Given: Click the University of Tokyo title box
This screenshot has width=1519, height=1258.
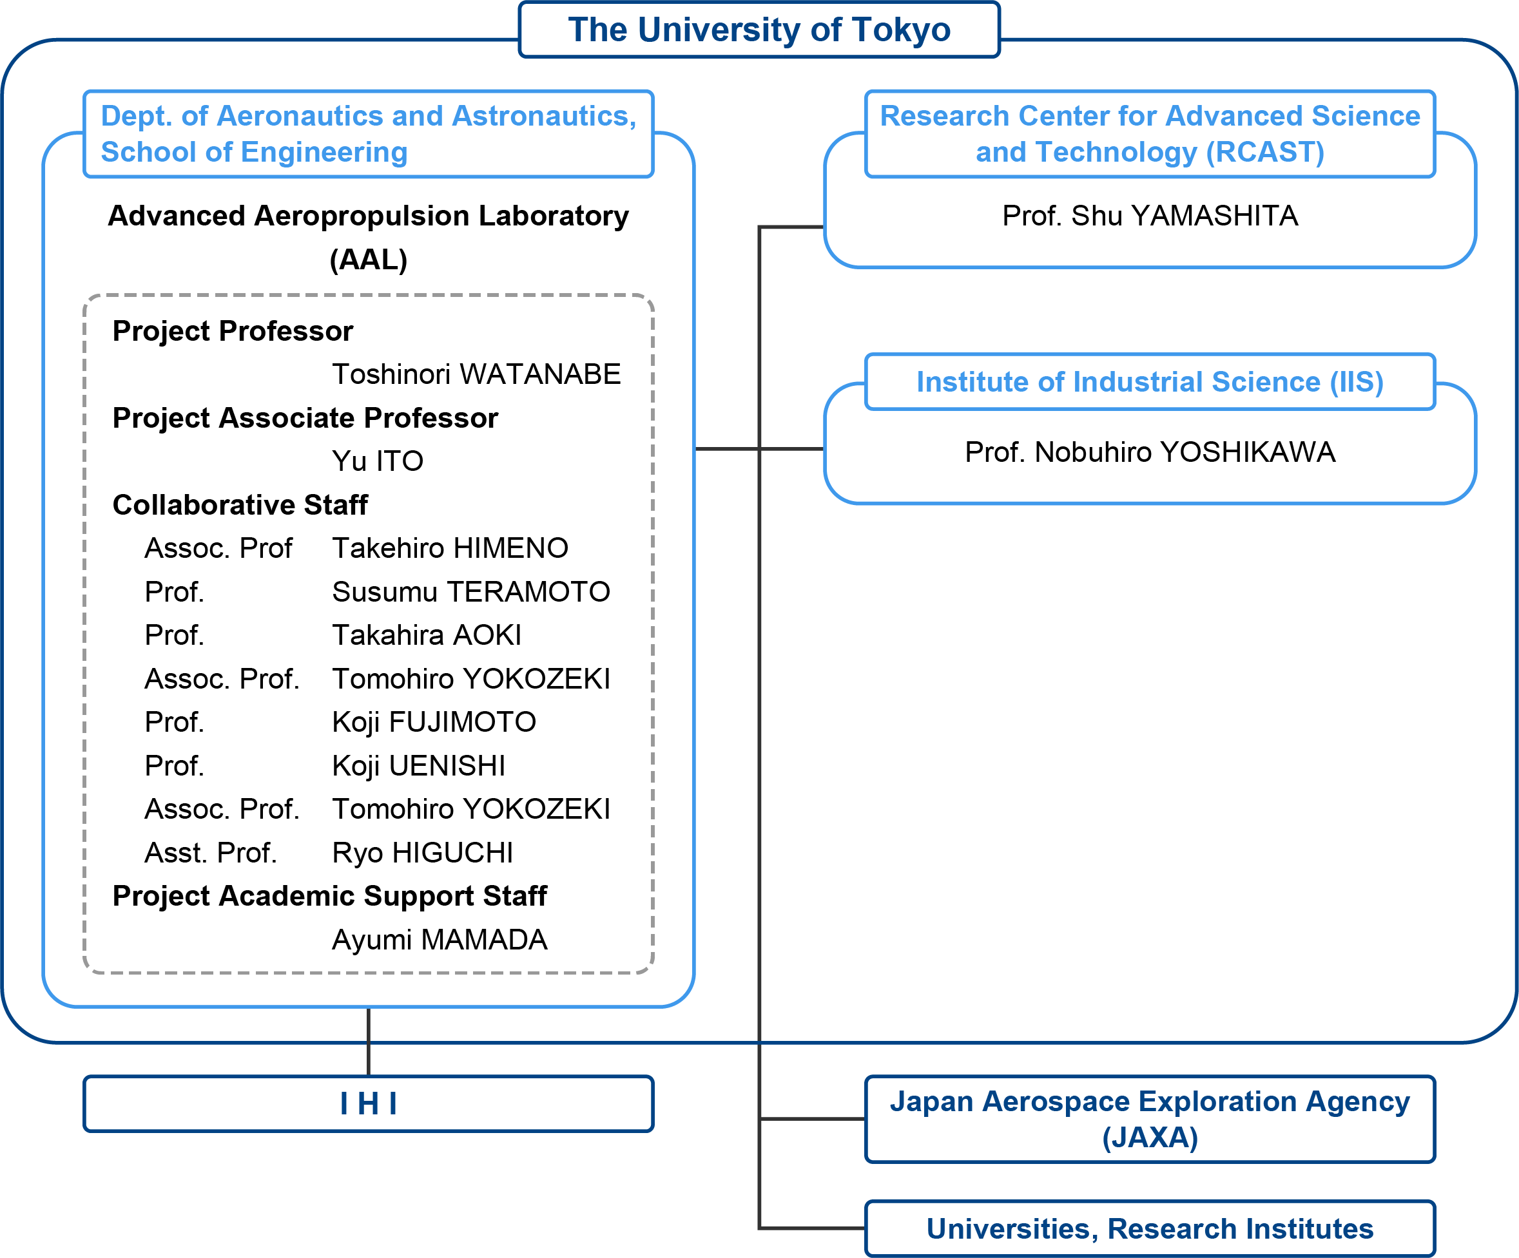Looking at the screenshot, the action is click(759, 30).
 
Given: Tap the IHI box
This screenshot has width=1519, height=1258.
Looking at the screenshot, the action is click(368, 1103).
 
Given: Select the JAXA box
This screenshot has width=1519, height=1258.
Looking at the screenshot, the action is click(1150, 1118).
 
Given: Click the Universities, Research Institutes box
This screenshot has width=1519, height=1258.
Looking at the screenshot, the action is click(1150, 1228).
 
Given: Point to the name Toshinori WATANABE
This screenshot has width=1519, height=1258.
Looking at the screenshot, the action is click(476, 374).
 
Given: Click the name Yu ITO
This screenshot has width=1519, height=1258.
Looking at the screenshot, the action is click(378, 461).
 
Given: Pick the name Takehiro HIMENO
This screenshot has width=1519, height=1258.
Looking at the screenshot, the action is click(450, 548).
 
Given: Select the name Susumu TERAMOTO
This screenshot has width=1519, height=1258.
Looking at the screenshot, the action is click(471, 591).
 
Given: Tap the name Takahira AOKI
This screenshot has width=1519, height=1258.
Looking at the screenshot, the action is click(427, 634).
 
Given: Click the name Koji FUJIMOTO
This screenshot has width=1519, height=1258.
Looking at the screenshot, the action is click(434, 722).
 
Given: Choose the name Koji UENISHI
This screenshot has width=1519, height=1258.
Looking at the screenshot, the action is click(419, 766).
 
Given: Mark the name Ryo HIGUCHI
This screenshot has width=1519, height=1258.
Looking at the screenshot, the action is click(422, 853).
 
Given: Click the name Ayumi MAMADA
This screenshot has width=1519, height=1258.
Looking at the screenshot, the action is click(440, 940).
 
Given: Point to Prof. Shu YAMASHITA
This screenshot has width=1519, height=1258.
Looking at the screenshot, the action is click(1150, 215).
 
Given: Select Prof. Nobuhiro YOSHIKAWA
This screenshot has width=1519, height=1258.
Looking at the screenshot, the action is click(1150, 452).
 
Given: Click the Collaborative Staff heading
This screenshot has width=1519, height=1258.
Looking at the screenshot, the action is click(240, 504).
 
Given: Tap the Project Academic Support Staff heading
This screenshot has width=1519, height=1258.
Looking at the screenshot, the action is click(330, 897).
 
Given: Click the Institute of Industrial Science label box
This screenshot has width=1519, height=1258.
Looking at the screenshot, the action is click(1150, 382).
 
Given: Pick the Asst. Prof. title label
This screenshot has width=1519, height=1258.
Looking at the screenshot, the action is click(211, 853).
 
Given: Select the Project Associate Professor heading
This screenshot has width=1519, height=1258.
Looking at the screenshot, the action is click(305, 418).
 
